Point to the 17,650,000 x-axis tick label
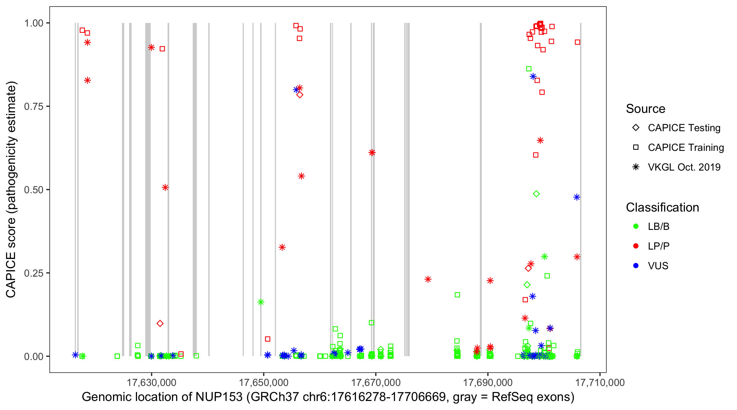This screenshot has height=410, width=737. pos(263,382)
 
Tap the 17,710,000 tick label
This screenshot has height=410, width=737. pos(600,382)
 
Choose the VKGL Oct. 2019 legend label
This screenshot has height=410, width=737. pos(684,167)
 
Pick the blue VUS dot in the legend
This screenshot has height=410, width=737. pos(636,266)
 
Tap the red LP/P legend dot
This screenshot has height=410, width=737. pos(636,246)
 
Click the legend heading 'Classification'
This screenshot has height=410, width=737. pos(662,207)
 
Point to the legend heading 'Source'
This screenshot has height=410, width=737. pos(646,109)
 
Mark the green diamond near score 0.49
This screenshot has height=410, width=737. pos(536,194)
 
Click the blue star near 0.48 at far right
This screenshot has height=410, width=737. pos(576,197)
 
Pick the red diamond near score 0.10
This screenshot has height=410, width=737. pos(160,323)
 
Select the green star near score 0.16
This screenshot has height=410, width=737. pos(261,302)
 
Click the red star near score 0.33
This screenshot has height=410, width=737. pos(282,247)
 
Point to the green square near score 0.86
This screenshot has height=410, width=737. pos(529,69)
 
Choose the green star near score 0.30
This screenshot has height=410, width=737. pos(545,256)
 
